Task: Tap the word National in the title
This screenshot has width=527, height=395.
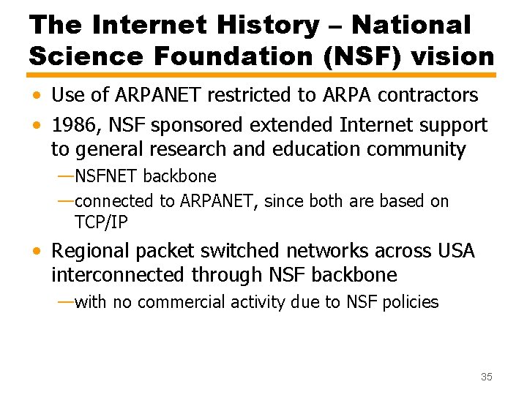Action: [x=411, y=26]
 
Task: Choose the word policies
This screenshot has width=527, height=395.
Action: [x=410, y=301]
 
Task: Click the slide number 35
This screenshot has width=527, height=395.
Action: [x=487, y=377]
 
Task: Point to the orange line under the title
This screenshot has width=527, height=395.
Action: [x=262, y=75]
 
